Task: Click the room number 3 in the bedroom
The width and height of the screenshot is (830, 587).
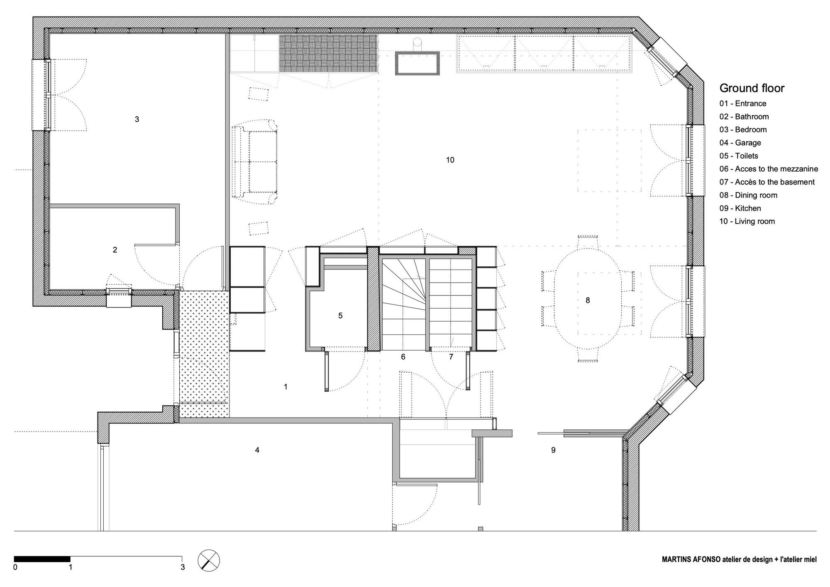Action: [137, 119]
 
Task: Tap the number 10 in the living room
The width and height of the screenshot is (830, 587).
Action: [450, 160]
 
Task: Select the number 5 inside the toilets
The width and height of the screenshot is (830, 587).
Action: [340, 316]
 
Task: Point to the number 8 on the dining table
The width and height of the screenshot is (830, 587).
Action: [588, 300]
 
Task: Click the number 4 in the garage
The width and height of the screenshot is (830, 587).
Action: [257, 450]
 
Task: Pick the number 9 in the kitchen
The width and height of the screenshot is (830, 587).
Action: [553, 450]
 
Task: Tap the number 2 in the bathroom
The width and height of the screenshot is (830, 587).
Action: [115, 250]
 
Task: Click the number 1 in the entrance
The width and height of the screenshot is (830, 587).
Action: [286, 387]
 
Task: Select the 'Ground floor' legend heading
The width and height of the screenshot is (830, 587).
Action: [752, 88]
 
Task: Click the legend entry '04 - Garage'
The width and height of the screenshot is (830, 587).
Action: [740, 143]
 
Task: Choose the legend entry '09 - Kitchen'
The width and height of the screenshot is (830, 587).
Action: [740, 209]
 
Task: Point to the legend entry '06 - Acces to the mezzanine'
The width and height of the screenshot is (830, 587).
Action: [769, 169]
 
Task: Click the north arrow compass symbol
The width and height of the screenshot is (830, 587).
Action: [209, 560]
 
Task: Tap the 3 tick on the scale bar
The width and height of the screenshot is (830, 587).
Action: [183, 567]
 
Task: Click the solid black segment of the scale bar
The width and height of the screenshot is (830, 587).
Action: [42, 559]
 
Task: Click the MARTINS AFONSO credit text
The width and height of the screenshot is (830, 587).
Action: [739, 560]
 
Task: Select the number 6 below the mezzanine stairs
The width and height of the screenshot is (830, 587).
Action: [403, 357]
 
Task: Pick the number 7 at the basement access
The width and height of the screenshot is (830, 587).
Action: [451, 357]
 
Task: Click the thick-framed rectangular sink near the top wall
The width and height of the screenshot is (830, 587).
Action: [417, 63]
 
